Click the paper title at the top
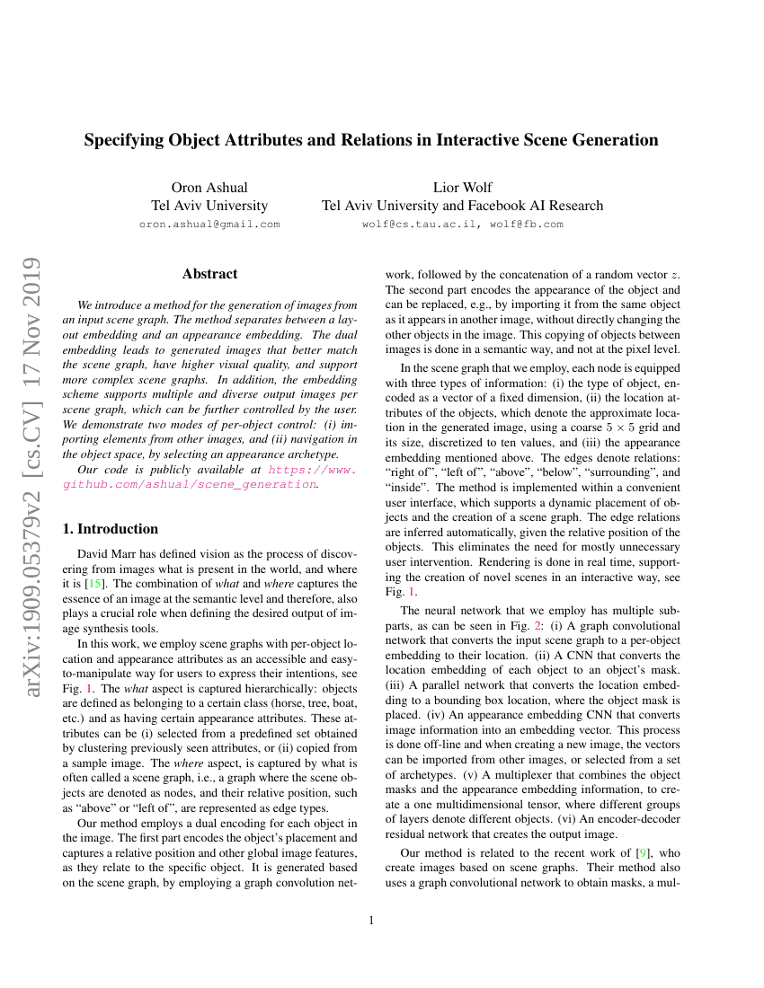(371, 140)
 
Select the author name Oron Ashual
(209, 188)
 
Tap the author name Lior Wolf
(462, 188)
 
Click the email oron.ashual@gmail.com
(209, 225)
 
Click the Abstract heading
(209, 274)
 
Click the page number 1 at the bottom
(371, 920)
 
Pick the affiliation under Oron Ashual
(209, 206)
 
